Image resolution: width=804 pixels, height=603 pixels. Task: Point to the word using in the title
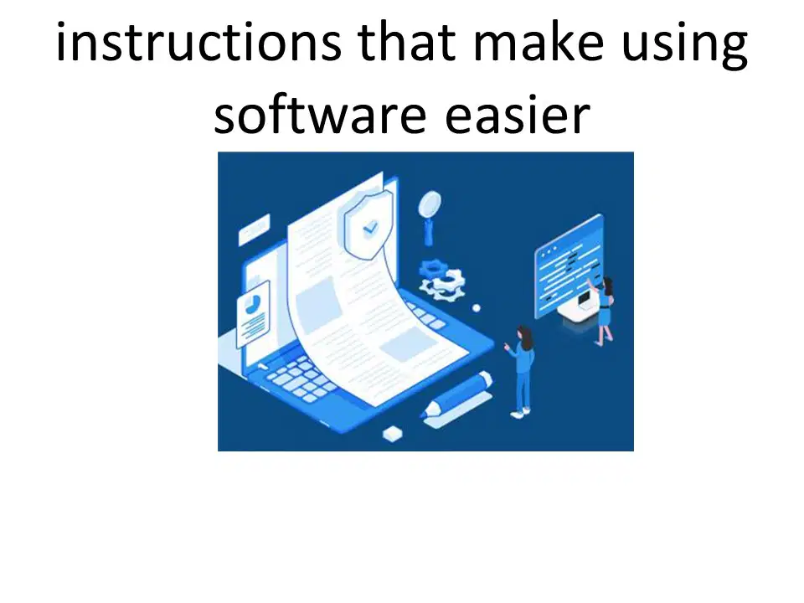click(x=684, y=45)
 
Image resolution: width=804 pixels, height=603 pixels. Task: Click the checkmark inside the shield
click(x=370, y=227)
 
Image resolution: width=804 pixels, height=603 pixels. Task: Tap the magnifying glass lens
click(x=430, y=204)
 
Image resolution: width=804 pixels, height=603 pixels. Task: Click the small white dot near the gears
click(x=477, y=308)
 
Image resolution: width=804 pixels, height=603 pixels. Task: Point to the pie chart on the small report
click(x=252, y=305)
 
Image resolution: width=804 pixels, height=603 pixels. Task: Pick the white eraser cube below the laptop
click(x=393, y=434)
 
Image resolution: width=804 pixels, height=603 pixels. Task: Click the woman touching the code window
click(x=604, y=311)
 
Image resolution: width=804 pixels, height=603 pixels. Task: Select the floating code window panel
click(x=569, y=266)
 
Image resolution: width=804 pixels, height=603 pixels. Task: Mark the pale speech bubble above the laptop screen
click(x=255, y=229)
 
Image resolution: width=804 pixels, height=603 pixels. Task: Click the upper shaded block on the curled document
click(x=318, y=305)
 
